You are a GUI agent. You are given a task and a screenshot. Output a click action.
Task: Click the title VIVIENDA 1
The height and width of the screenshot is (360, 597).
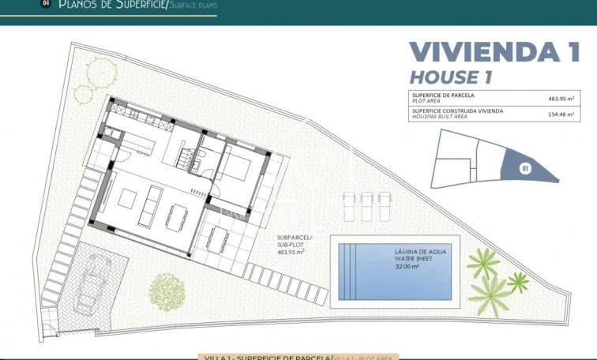click(494, 52)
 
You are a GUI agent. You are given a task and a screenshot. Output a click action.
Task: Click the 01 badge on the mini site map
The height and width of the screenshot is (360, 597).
click(524, 167)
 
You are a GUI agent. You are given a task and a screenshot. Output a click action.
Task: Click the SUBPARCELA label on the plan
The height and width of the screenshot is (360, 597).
click(295, 237)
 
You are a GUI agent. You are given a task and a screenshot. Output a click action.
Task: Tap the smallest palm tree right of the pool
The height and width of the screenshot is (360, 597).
click(518, 280)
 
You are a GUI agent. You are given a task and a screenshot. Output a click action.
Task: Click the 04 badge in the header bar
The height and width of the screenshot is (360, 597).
click(45, 4)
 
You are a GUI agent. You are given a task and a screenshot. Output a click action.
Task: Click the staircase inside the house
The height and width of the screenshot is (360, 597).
click(186, 159)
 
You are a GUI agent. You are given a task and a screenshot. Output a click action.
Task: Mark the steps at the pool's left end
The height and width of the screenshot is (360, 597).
click(348, 271)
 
